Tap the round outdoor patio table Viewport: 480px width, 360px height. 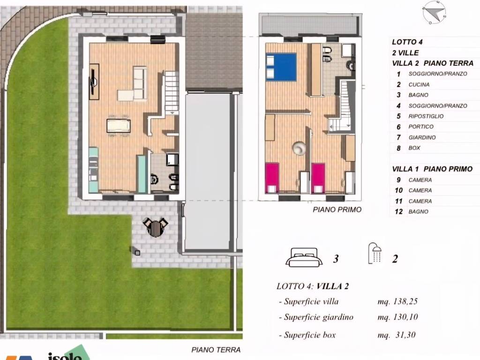point(154,228)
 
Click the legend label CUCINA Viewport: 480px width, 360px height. point(419,85)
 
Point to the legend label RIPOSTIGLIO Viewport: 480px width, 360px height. point(426,116)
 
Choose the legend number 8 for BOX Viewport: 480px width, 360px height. point(398,148)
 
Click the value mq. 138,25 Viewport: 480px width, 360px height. point(397,302)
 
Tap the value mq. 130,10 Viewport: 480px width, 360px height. point(397,317)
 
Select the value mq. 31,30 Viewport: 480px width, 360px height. point(397,335)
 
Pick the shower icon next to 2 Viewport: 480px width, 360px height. point(375,255)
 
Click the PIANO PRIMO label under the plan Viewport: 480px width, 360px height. point(337,210)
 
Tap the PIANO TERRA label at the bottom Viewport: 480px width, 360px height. point(216,350)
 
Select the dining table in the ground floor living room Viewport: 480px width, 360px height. point(118,126)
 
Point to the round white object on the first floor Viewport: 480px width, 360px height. point(299,148)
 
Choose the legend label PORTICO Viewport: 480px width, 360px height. point(421,127)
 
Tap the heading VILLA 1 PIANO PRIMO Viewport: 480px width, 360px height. point(432,169)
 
